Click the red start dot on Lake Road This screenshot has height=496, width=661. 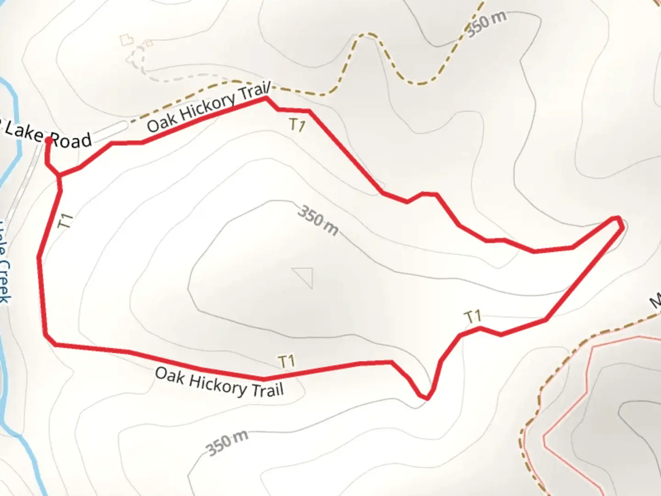point(49,140)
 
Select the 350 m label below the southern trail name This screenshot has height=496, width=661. point(227,443)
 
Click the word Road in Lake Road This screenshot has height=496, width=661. point(70,140)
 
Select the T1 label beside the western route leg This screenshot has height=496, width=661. point(67,221)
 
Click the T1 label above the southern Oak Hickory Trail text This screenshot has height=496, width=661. point(287,361)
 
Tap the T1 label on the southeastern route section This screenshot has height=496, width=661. point(473,316)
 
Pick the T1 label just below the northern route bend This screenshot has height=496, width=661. point(298,125)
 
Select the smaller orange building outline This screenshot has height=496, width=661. point(149,44)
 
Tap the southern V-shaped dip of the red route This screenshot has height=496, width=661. point(426,397)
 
